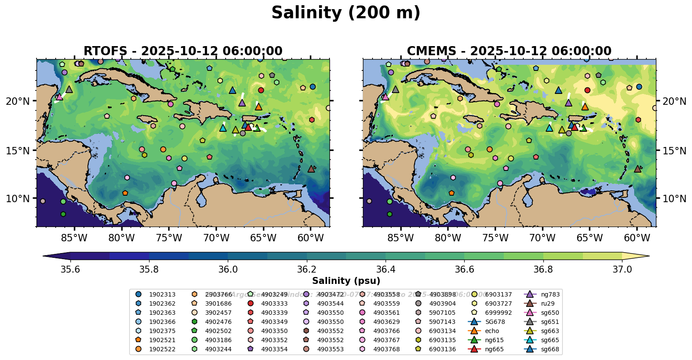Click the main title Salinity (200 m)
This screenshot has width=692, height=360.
[x=346, y=13]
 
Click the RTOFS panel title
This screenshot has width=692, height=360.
[x=183, y=51]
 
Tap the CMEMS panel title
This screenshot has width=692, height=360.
[x=509, y=51]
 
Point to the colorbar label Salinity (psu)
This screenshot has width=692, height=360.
[x=346, y=281]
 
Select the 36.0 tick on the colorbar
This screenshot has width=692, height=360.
[x=228, y=270]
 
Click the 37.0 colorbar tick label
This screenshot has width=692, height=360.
[x=622, y=270]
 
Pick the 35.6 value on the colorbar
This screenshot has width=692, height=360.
[x=70, y=270]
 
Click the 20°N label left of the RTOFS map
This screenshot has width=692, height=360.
[x=18, y=101]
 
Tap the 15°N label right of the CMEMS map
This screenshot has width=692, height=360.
[x=674, y=151]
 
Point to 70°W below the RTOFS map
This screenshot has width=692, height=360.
[x=216, y=238]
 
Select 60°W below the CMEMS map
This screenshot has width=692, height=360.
[x=637, y=238]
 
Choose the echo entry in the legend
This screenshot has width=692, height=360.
[x=492, y=331]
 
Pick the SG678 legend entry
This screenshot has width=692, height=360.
[x=495, y=322]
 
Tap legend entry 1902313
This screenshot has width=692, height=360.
[x=162, y=294]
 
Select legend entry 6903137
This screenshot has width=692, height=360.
[x=498, y=294]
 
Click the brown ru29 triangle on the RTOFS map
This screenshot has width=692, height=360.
[x=311, y=169]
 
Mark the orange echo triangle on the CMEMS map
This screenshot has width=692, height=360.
[x=585, y=107]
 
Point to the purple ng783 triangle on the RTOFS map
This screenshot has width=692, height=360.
[x=242, y=103]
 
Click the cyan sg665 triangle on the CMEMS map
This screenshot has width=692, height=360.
[x=549, y=128]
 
